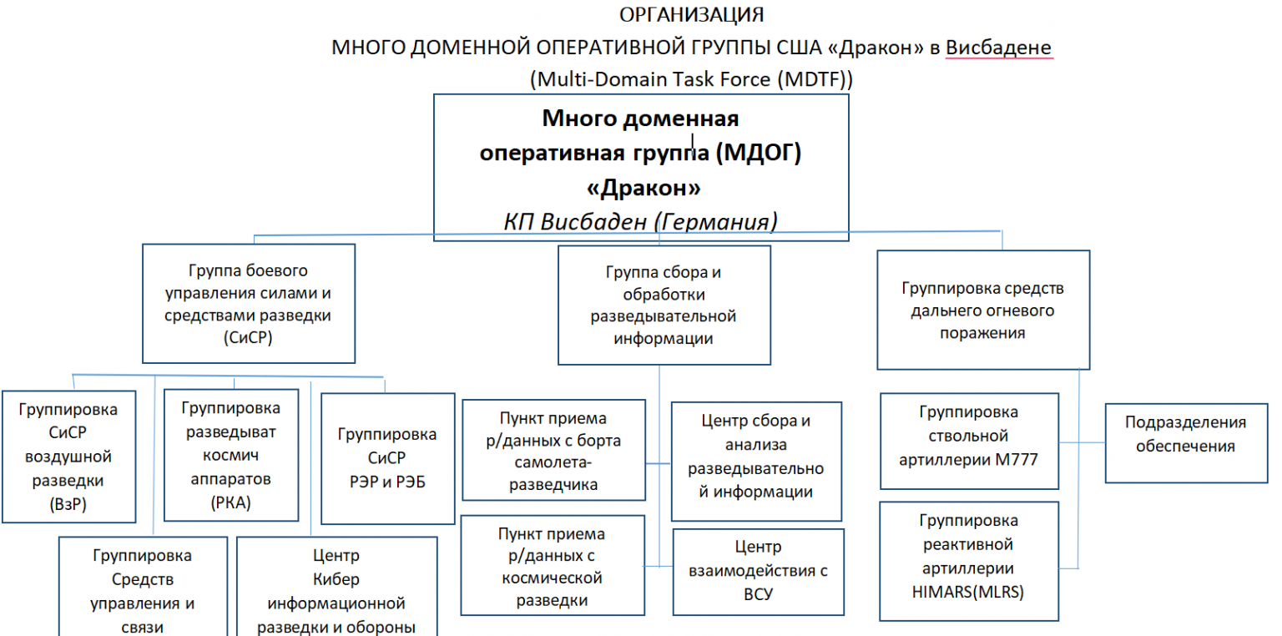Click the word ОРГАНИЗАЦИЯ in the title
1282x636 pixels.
pyautogui.click(x=692, y=15)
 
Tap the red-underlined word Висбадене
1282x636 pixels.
pyautogui.click(x=998, y=48)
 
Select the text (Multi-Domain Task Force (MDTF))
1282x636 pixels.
pyautogui.click(x=691, y=79)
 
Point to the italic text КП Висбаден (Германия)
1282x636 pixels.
pyautogui.click(x=640, y=221)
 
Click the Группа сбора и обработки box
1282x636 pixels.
pyautogui.click(x=664, y=305)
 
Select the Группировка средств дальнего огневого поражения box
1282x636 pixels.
pyautogui.click(x=983, y=310)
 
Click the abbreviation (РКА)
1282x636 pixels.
pyautogui.click(x=230, y=502)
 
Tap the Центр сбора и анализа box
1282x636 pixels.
pyautogui.click(x=756, y=457)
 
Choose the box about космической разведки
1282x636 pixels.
pyautogui.click(x=551, y=568)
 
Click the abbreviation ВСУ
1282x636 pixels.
pyautogui.click(x=758, y=594)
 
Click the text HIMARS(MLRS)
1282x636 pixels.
pyautogui.click(x=968, y=592)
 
